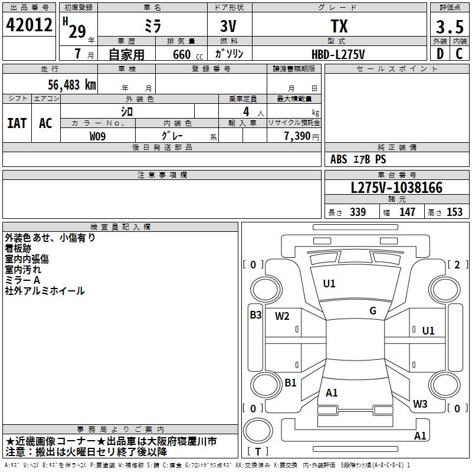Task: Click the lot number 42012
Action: coord(29,26)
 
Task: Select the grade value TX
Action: coord(339,27)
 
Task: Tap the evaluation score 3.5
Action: coord(449,27)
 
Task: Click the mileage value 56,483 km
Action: coord(71,84)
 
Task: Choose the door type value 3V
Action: coord(230,27)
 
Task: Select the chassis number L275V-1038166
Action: coord(396,188)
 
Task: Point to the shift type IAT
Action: coord(17,123)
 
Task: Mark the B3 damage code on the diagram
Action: coord(255,315)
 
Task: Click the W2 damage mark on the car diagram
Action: coord(282,316)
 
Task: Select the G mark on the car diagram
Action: coord(373,311)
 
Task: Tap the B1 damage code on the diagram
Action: coord(290,383)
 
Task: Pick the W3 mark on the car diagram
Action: coord(420,404)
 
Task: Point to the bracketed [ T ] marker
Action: coord(258,452)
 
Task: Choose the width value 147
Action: coord(407,212)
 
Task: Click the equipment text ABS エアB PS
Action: coord(358,159)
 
